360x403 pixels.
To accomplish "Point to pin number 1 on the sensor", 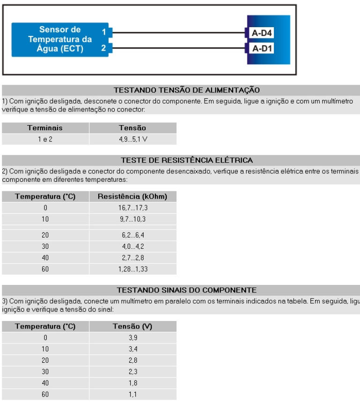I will [x=103, y=33].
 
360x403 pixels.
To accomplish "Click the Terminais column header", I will [x=45, y=127].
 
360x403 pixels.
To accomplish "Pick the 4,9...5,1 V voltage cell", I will [x=132, y=140].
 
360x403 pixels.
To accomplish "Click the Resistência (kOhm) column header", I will [x=132, y=197].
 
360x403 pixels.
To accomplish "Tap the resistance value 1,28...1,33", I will [x=132, y=270].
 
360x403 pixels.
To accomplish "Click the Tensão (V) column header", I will [x=132, y=326].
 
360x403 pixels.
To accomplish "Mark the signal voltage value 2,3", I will [x=132, y=364].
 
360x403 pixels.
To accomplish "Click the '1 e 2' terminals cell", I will [x=45, y=140].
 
